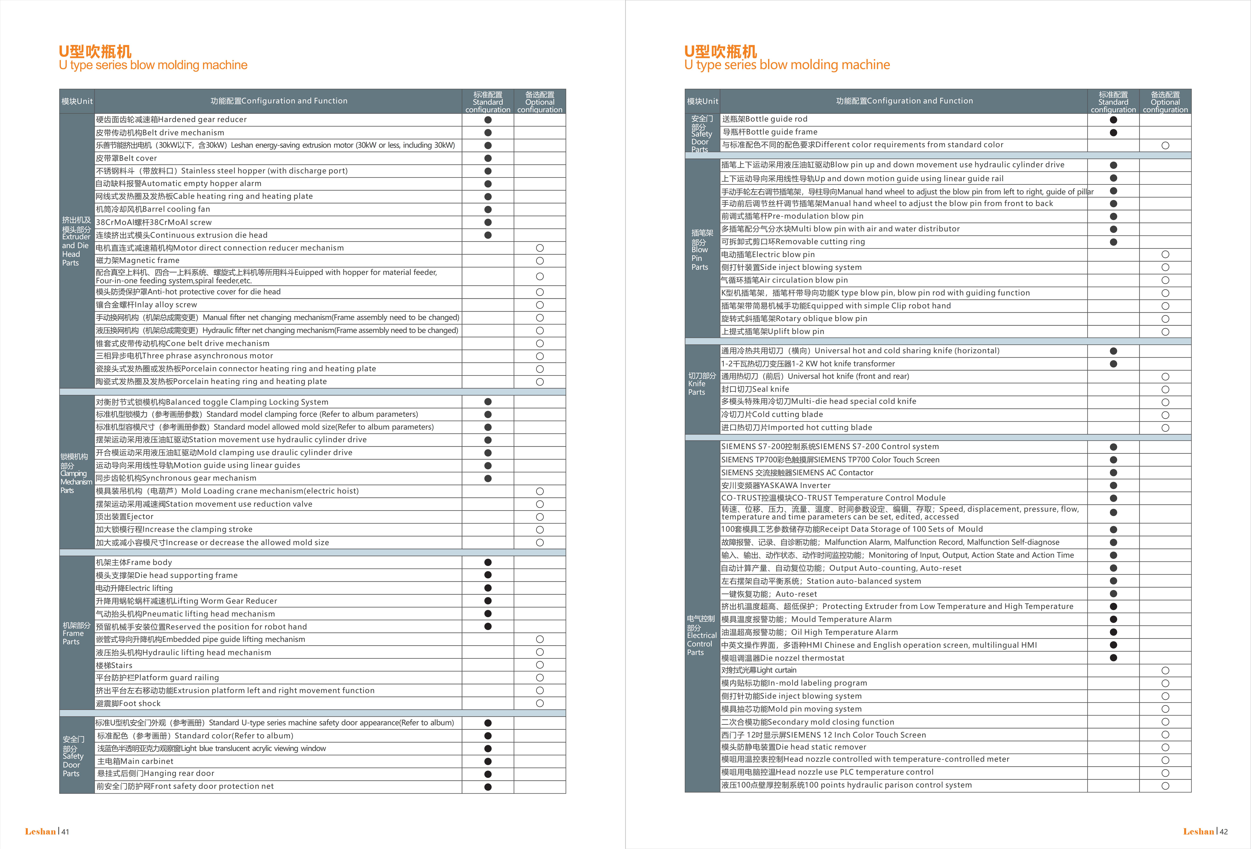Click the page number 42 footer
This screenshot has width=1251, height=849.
point(1224,832)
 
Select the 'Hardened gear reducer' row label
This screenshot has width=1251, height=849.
point(171,119)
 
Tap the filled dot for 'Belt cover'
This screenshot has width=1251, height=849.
point(488,158)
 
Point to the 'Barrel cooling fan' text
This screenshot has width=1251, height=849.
point(153,209)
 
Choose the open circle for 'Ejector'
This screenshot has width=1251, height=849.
point(540,517)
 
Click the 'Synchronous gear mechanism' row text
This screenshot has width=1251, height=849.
point(176,478)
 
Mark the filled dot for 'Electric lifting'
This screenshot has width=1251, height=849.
point(488,588)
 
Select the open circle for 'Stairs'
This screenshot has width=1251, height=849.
point(540,665)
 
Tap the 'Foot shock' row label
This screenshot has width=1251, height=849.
point(128,704)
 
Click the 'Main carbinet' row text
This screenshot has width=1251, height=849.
point(135,761)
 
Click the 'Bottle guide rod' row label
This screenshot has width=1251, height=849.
point(764,119)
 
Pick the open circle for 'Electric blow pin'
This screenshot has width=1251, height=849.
point(1165,255)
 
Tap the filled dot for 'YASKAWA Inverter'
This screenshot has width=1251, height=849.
point(1113,486)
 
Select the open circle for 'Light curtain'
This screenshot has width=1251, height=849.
point(1165,671)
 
